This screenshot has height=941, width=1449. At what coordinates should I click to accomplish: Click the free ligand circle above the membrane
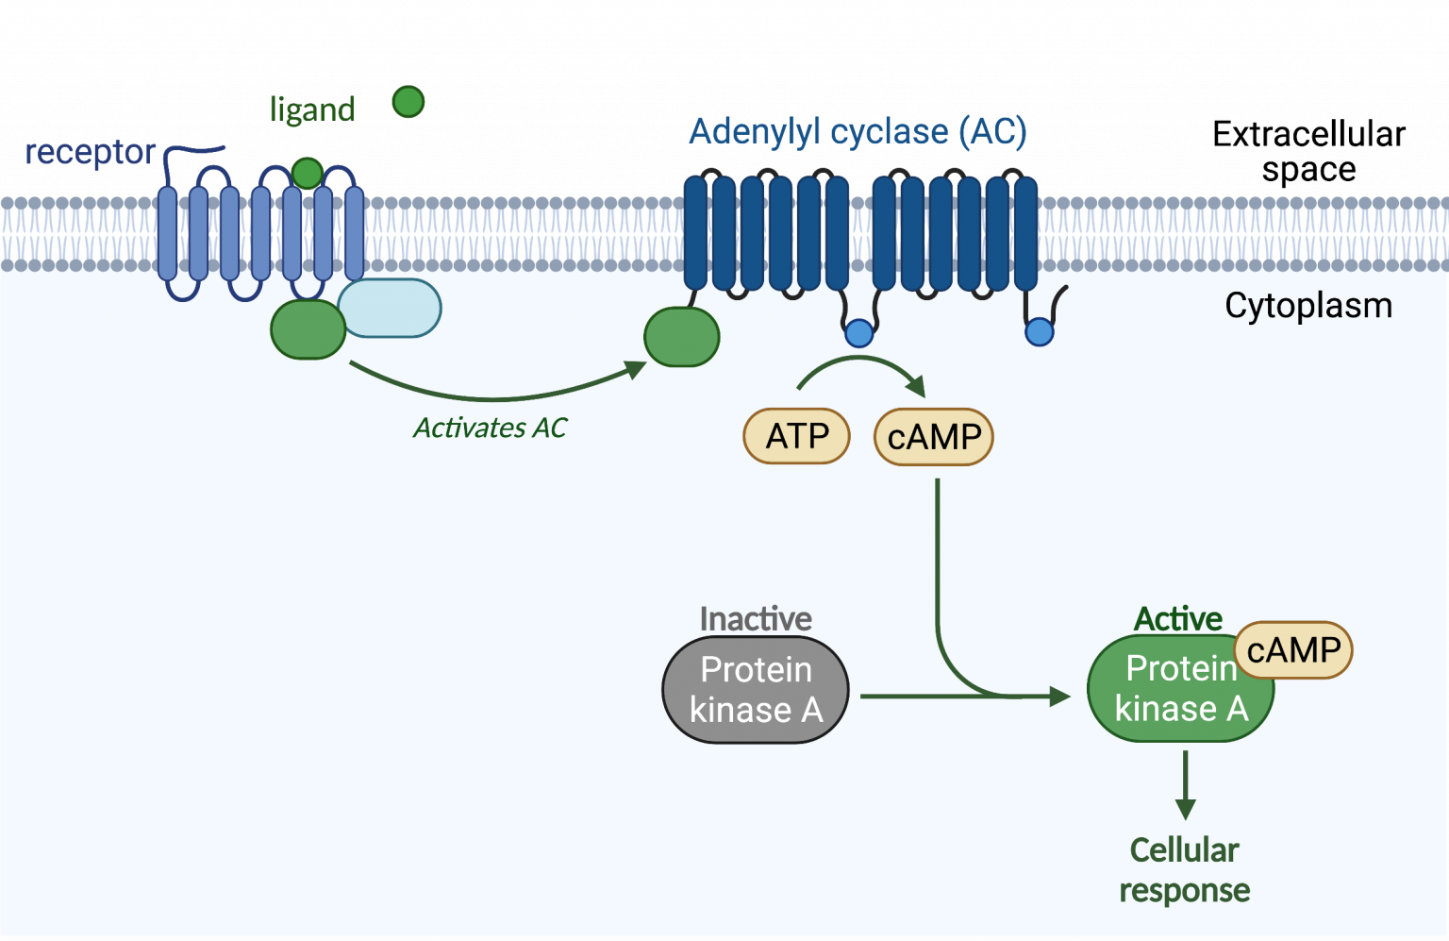(x=408, y=101)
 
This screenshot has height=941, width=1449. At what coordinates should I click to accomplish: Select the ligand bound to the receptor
(x=307, y=173)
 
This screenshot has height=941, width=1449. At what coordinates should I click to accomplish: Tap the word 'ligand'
(x=311, y=110)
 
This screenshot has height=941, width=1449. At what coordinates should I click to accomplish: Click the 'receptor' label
(x=91, y=152)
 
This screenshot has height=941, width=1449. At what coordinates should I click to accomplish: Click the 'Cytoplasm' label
(x=1307, y=306)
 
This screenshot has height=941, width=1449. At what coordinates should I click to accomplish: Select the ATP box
(x=797, y=436)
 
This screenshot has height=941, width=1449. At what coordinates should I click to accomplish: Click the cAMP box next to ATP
(x=934, y=437)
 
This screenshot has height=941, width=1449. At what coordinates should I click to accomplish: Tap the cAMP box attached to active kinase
(x=1293, y=649)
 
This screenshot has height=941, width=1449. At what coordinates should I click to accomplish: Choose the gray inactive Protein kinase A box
(x=756, y=690)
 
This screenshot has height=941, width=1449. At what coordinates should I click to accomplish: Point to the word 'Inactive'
(x=756, y=619)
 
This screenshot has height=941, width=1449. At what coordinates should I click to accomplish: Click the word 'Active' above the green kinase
(x=1177, y=619)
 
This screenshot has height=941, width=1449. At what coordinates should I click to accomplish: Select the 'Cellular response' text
(x=1185, y=869)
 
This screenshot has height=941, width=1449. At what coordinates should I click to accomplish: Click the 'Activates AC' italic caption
(x=490, y=428)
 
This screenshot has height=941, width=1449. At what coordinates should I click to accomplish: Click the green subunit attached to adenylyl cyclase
(x=682, y=336)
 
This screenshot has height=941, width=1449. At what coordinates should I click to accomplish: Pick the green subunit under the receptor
(x=308, y=329)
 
